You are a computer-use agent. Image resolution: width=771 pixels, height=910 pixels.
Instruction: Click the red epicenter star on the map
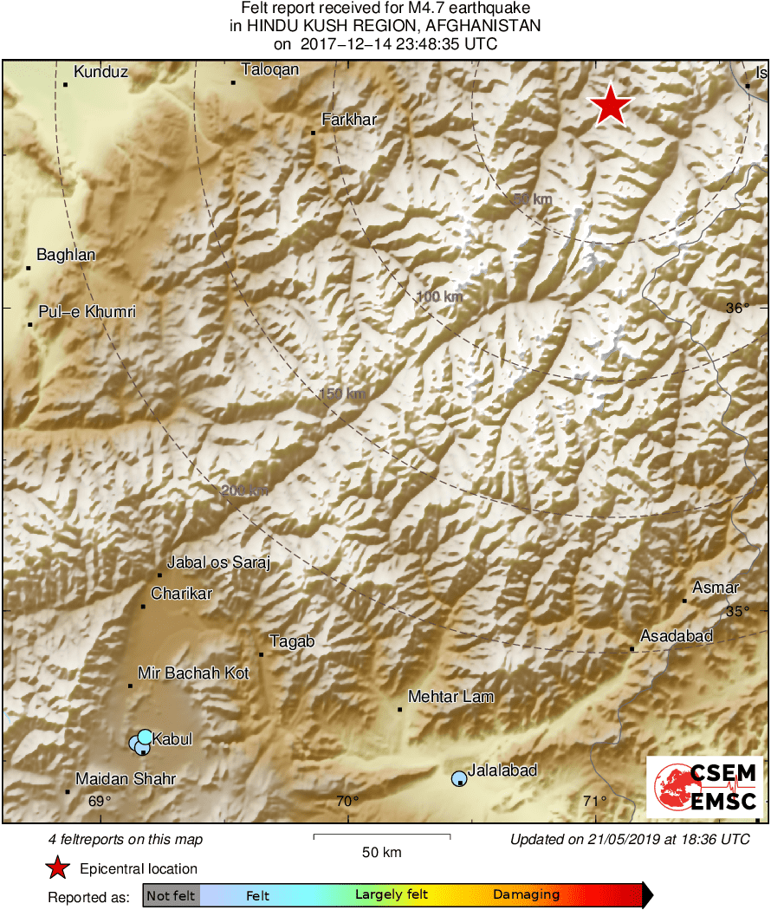click(612, 106)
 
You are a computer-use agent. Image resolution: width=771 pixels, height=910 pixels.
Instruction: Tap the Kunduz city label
click(100, 73)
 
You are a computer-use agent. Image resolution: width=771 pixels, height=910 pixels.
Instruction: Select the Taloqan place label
click(269, 70)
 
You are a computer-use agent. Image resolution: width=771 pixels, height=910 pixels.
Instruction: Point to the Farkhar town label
click(349, 120)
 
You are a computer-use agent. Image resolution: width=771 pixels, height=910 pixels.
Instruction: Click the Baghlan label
click(66, 255)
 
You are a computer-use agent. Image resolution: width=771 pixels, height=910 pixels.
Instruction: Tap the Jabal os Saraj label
click(218, 563)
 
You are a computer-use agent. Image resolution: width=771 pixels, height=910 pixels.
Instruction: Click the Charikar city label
click(181, 594)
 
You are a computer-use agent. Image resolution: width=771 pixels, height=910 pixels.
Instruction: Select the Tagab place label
click(292, 642)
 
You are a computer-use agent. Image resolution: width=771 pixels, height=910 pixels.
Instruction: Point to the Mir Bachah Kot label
click(193, 673)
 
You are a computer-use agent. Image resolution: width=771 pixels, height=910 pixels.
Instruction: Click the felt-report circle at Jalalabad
click(459, 778)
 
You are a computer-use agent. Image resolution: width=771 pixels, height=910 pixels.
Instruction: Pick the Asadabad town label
click(677, 637)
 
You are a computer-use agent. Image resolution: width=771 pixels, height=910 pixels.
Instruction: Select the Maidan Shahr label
click(126, 779)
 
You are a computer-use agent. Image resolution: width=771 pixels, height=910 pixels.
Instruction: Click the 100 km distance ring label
click(439, 297)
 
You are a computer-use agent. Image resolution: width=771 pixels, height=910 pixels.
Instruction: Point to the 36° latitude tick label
click(737, 309)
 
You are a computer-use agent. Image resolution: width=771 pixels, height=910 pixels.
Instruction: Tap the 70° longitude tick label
click(347, 802)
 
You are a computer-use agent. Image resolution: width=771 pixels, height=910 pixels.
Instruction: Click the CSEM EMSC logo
click(703, 786)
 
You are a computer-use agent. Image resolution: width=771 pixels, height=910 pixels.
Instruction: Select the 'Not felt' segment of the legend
click(171, 895)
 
